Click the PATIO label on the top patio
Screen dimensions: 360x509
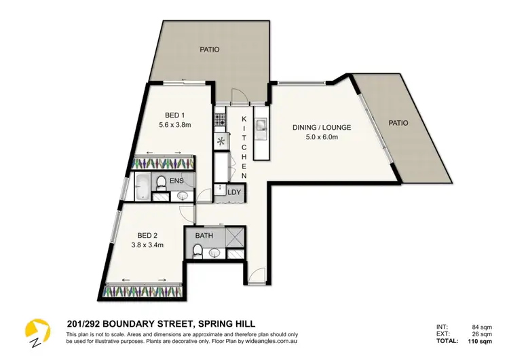pos(209,50)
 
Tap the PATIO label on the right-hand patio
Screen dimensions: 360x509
pos(398,123)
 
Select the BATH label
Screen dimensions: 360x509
pos(205,236)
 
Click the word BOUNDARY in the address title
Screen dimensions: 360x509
pos(126,324)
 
